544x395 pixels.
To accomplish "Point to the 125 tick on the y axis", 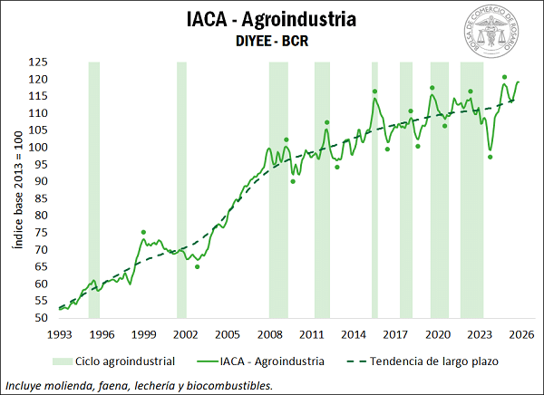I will click(x=38, y=63).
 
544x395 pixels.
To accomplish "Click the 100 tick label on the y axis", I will click(x=38, y=148).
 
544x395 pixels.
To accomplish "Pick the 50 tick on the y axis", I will click(x=41, y=318).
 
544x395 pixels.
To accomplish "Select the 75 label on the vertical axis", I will click(x=41, y=233).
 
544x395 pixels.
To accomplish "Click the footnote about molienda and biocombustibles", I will click(x=138, y=385).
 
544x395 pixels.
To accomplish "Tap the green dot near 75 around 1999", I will click(x=143, y=233).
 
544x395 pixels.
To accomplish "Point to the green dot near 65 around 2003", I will click(x=197, y=266).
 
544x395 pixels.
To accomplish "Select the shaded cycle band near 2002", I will click(x=181, y=190).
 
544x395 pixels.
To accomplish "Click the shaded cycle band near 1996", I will click(x=93, y=190).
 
